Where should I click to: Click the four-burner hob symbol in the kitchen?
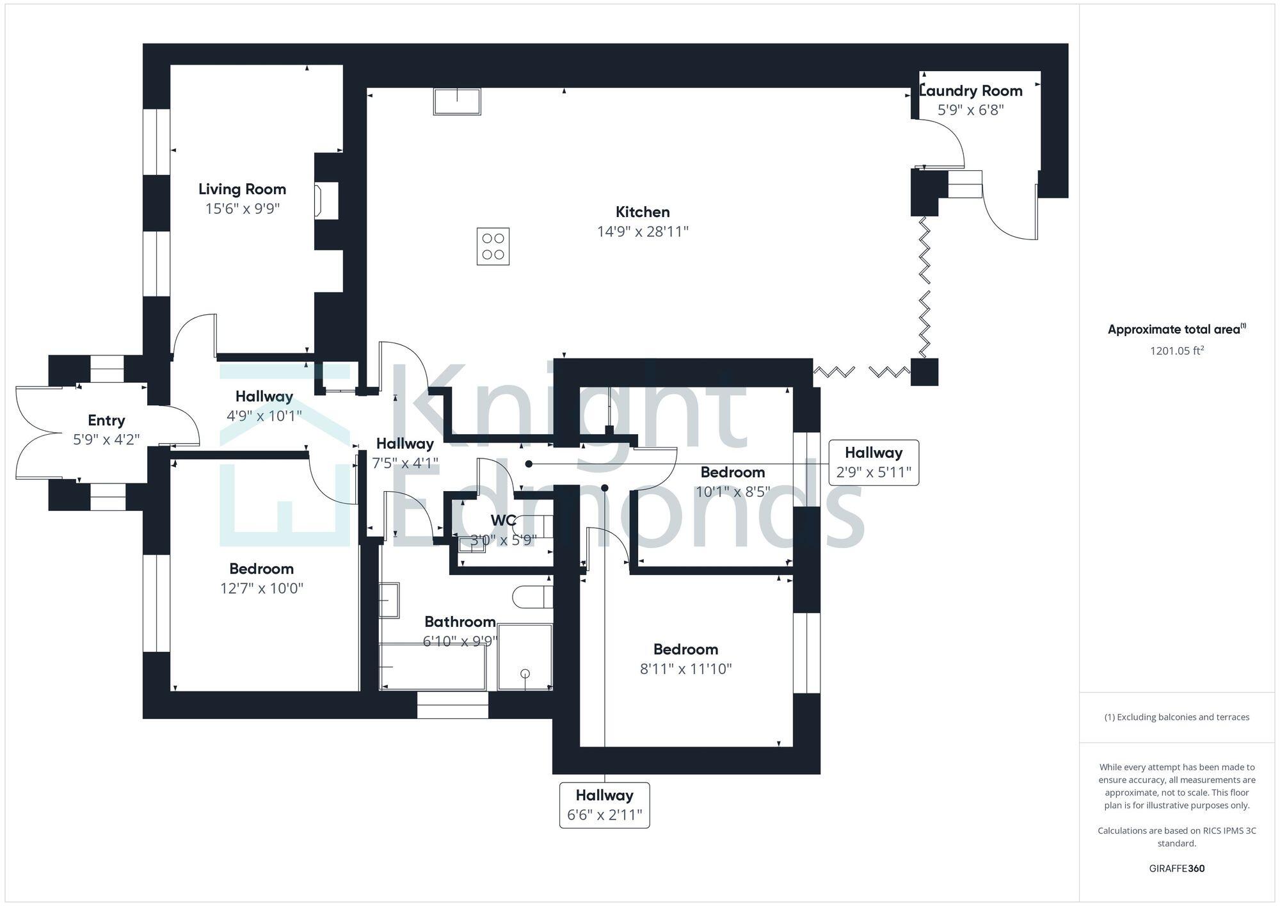click(493, 247)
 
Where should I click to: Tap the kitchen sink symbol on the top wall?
click(457, 102)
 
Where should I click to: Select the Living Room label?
click(242, 189)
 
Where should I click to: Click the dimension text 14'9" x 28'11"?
click(643, 231)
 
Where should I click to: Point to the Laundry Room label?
click(971, 91)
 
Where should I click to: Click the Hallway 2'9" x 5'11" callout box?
click(874, 462)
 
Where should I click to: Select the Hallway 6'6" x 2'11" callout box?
click(604, 805)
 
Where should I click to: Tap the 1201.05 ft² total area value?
click(1176, 350)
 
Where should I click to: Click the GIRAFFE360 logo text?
click(1176, 868)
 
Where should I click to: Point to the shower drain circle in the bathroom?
click(525, 674)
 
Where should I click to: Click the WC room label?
click(503, 521)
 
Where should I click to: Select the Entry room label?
click(106, 420)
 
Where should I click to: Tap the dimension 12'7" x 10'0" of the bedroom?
click(261, 588)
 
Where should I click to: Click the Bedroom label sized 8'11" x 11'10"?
click(685, 649)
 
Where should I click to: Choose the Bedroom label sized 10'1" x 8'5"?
click(732, 473)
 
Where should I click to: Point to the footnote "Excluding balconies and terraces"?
click(1176, 717)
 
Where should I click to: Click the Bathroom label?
click(460, 622)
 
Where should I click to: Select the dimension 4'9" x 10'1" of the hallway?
click(264, 416)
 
